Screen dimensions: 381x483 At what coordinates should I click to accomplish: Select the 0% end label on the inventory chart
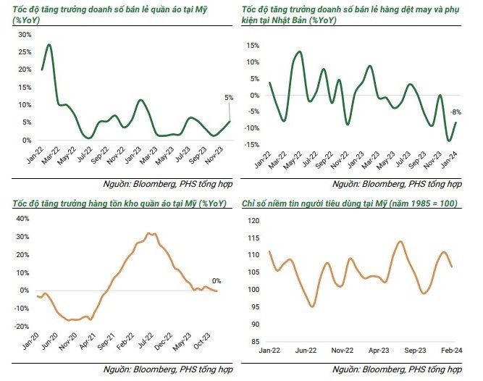[x=216, y=281]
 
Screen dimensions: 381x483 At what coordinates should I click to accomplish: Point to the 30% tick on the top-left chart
[x=24, y=34]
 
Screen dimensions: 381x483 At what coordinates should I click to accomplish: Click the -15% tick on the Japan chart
[x=253, y=146]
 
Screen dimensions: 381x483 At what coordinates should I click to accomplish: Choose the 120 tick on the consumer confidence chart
[x=254, y=218]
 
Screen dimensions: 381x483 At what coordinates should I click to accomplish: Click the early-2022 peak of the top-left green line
[x=49, y=45]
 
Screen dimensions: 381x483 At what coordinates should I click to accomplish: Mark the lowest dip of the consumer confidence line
[x=312, y=306]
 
